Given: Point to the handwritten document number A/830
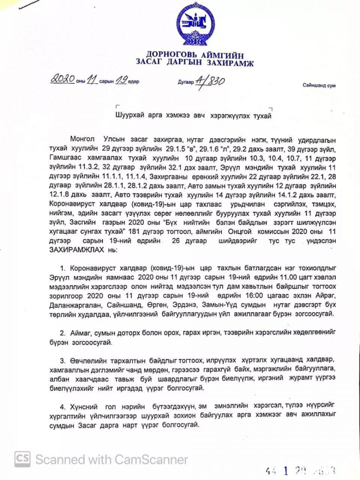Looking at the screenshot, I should click(209, 80).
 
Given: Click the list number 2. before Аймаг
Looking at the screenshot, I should click(62, 333).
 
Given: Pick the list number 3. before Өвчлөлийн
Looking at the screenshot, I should click(62, 362).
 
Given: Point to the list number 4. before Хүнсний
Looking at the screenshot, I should click(62, 406).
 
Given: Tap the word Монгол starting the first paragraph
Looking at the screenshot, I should click(82, 139).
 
